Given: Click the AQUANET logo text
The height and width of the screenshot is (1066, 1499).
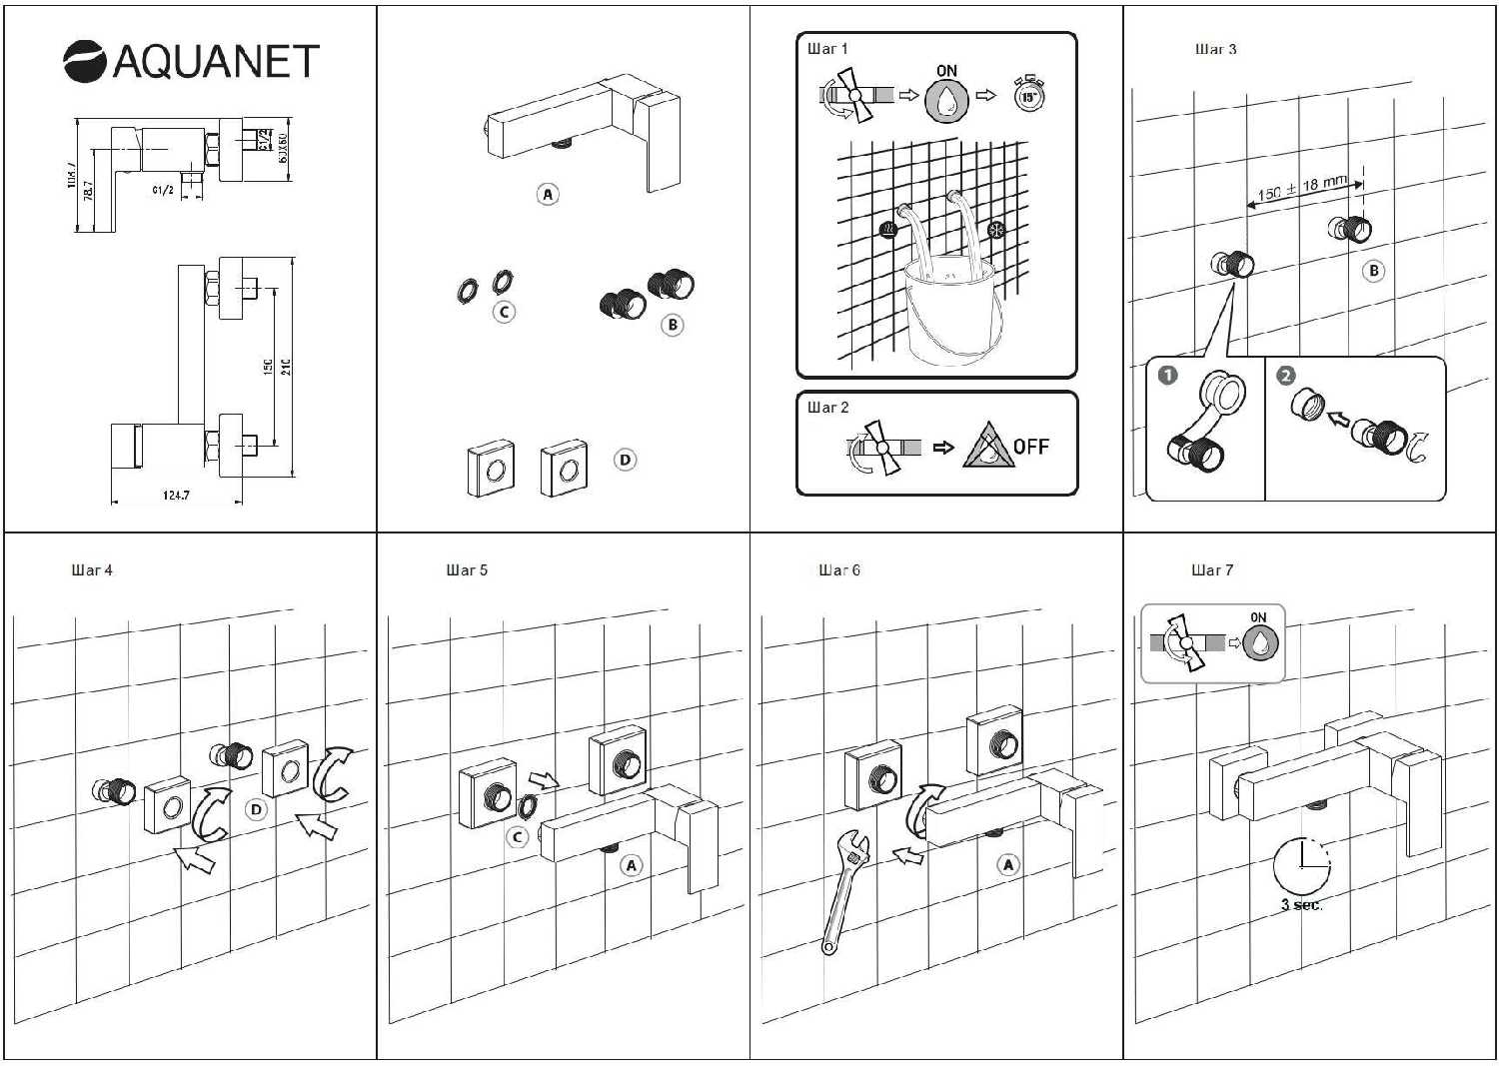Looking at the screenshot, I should [x=215, y=62].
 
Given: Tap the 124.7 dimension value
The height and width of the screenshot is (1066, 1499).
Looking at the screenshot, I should [x=176, y=495].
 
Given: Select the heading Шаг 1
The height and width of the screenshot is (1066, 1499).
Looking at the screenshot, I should [x=827, y=48].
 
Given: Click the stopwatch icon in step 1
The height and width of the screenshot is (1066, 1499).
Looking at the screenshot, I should [x=1028, y=95].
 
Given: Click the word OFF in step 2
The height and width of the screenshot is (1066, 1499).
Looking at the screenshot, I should [x=1030, y=447].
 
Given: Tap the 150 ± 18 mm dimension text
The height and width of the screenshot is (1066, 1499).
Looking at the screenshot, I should [x=1302, y=188].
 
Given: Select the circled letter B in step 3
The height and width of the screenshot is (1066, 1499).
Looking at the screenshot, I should [x=1374, y=271].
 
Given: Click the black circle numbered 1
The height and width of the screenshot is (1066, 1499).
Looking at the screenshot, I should [x=1167, y=375].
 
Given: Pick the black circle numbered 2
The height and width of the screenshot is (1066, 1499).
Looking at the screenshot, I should [x=1286, y=375].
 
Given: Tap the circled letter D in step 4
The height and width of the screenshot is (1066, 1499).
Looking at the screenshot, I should [x=257, y=809].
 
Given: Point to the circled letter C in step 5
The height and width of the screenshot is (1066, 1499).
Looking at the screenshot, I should [x=517, y=837].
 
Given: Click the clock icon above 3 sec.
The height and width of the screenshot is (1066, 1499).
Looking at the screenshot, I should [x=1301, y=866].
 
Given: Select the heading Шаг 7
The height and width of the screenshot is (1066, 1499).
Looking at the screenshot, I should [x=1212, y=570].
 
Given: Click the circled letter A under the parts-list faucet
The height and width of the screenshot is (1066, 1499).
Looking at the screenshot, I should [x=548, y=195].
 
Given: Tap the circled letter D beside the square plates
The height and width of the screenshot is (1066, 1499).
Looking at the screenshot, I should [x=626, y=460].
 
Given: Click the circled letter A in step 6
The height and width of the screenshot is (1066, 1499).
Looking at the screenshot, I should [x=1008, y=864].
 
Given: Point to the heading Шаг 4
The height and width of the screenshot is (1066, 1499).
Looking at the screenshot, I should [x=92, y=570].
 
